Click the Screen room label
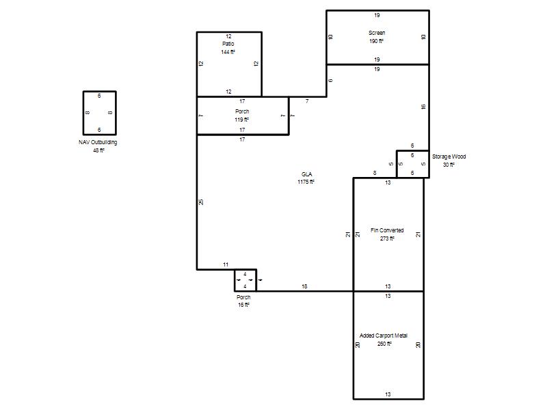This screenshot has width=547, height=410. (377, 33)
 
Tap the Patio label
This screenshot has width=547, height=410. (228, 44)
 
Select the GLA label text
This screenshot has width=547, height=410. (306, 174)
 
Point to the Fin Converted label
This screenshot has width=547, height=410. (387, 230)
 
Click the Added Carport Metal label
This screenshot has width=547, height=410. (384, 336)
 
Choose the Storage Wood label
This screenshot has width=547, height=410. (449, 156)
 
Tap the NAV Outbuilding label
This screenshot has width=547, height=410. (98, 142)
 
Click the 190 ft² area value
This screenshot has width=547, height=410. (377, 41)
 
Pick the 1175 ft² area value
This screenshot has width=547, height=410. (306, 182)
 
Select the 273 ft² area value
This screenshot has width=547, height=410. (387, 238)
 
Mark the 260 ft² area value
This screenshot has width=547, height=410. (384, 344)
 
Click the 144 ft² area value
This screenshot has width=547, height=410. (228, 52)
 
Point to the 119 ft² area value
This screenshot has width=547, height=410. (242, 120)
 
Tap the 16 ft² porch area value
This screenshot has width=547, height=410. (243, 305)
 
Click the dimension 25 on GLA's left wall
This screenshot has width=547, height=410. (201, 202)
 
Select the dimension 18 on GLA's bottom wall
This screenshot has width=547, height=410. (304, 286)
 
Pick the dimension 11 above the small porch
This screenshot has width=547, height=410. (226, 264)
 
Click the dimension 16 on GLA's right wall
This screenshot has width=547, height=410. (423, 107)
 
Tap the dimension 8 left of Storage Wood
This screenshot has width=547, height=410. (375, 173)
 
